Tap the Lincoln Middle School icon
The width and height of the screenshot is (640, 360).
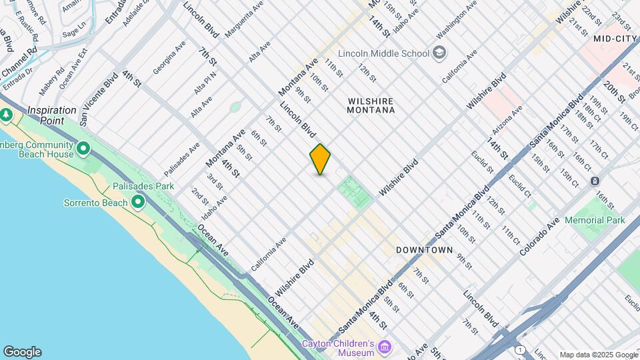click(439, 53)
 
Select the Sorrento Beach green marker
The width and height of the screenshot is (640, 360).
click(138, 201)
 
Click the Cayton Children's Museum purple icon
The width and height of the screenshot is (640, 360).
click(384, 347)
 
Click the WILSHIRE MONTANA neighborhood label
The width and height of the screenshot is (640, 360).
click(371, 105)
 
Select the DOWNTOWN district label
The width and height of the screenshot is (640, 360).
click(424, 250)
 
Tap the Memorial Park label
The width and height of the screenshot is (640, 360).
click(595, 220)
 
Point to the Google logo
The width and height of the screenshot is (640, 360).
click(22, 352)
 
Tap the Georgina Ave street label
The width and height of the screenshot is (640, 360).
click(169, 59)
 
